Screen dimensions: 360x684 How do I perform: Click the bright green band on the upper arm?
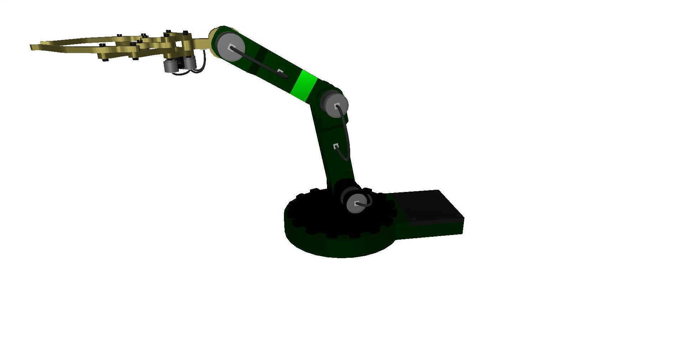[304, 86]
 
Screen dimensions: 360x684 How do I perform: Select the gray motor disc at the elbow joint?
[335, 105]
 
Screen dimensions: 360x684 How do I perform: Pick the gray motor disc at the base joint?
[356, 204]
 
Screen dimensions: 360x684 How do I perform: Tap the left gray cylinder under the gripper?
[169, 66]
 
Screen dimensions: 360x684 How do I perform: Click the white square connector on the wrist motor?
[232, 47]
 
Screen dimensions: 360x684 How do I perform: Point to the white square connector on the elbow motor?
[337, 105]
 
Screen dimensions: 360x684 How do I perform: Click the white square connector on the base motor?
[357, 204]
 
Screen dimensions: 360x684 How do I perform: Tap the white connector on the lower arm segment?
[336, 146]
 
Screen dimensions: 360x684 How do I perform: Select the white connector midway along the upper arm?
[280, 71]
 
